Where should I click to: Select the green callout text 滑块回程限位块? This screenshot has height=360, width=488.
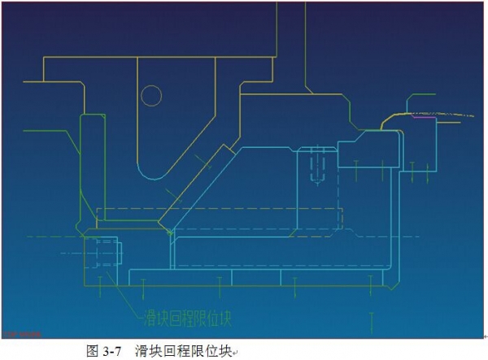(x=187, y=318)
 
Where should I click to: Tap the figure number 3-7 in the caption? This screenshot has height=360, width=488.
(x=111, y=351)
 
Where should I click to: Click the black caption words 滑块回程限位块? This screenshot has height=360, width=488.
(x=184, y=351)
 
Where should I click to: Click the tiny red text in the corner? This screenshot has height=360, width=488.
(x=23, y=335)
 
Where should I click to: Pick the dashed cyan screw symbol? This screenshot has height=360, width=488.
(x=317, y=166)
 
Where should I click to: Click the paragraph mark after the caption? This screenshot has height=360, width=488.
(x=235, y=353)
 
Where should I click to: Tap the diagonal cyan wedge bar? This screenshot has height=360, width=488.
(x=196, y=189)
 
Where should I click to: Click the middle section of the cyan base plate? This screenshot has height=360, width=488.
(x=256, y=277)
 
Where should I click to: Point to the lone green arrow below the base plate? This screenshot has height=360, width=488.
(x=372, y=323)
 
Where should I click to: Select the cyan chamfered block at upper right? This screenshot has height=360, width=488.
(x=368, y=149)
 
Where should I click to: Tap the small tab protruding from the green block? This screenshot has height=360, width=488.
(x=120, y=253)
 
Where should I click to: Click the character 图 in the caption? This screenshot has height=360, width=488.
(x=93, y=351)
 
